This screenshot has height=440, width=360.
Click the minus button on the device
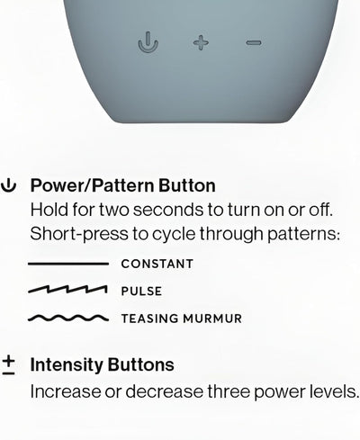pos(254,43)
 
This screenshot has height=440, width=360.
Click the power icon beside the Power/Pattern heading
pos(8,185)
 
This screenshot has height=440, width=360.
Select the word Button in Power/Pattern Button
pos(187,185)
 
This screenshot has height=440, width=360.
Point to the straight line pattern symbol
pos(68,264)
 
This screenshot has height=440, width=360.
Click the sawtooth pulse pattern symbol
pos(67,290)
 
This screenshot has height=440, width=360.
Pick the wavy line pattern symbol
pos(68,318)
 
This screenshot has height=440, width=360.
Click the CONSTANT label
pos(157,264)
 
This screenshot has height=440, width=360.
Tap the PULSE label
pos(141,292)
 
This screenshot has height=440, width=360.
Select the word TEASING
pos(149,319)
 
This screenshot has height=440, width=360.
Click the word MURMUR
pos(212,319)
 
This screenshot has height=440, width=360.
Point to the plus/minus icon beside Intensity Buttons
pos(9,365)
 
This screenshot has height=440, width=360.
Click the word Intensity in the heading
pos(67,364)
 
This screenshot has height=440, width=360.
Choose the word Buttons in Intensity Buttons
pos(140,364)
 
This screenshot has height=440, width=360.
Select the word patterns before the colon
pos(303,234)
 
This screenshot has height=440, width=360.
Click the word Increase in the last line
pos(66,391)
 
